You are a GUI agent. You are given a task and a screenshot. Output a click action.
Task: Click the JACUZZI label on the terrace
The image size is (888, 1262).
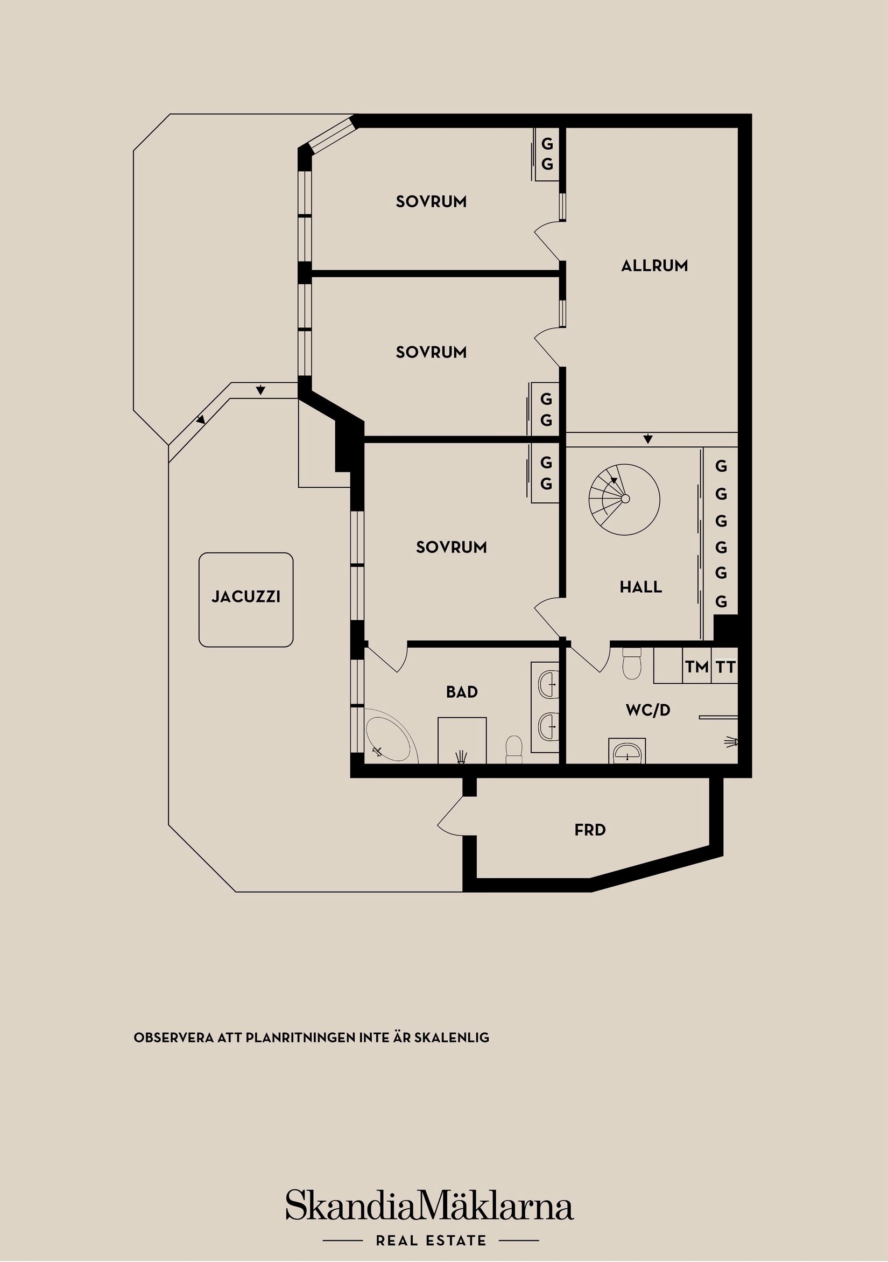click(x=245, y=597)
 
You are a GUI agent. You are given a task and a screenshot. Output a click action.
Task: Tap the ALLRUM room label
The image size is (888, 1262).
click(x=654, y=266)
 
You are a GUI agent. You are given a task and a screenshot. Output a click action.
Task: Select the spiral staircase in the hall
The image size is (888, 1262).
click(x=624, y=499)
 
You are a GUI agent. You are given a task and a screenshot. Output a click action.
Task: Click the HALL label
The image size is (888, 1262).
click(x=641, y=587)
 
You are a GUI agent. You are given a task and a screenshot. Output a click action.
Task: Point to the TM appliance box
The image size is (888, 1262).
click(x=696, y=667)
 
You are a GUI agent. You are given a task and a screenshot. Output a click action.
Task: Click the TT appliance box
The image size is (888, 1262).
click(x=725, y=667)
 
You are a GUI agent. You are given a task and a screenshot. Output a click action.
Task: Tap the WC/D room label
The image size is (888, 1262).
click(x=648, y=710)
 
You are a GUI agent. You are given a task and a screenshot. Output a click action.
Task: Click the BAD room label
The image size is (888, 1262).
click(x=462, y=692)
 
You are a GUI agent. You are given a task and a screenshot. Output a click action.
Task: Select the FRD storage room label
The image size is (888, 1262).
click(x=590, y=830)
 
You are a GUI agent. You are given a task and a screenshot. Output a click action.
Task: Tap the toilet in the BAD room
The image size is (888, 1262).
click(x=514, y=749)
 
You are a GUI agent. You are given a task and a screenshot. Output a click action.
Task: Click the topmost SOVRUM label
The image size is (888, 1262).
click(x=431, y=202)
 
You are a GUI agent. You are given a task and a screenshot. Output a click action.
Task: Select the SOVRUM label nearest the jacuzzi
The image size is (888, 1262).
click(x=450, y=547)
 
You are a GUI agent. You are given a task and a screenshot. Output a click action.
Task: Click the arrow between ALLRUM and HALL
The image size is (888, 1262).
click(x=648, y=439)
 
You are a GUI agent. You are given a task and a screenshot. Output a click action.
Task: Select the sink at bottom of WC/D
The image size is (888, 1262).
click(x=627, y=751)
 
